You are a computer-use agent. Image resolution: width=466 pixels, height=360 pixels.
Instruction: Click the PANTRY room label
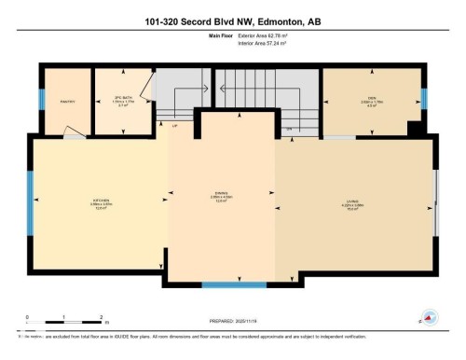(66, 101)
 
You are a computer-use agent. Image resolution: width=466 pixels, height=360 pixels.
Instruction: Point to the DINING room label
(221, 197)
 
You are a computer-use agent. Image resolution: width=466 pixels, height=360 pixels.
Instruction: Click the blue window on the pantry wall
(43, 102)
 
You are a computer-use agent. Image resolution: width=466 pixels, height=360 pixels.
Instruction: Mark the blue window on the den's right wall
(424, 99)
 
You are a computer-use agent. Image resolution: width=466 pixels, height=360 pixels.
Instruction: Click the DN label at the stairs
(289, 128)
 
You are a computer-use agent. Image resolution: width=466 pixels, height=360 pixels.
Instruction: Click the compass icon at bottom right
(431, 318)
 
